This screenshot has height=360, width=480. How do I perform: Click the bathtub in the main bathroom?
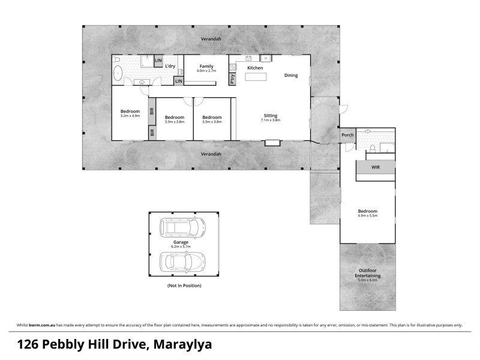118,74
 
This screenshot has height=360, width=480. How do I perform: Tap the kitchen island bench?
256,77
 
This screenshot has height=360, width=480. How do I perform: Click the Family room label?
206,66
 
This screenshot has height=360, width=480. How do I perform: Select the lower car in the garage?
182,262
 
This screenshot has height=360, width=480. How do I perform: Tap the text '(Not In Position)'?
184,286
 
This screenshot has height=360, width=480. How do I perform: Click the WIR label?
376,166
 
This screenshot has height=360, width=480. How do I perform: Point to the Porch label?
347,135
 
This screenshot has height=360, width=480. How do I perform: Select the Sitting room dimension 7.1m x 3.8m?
271,120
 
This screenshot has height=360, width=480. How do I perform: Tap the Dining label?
291,76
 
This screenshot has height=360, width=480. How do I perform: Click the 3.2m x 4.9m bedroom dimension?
130,116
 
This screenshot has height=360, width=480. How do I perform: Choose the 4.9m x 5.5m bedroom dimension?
368,216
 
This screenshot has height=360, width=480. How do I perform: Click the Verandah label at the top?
211,39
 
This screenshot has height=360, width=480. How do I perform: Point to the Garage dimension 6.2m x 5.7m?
182,247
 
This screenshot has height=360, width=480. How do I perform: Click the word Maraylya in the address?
183,345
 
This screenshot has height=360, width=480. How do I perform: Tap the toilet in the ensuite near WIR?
373,148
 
